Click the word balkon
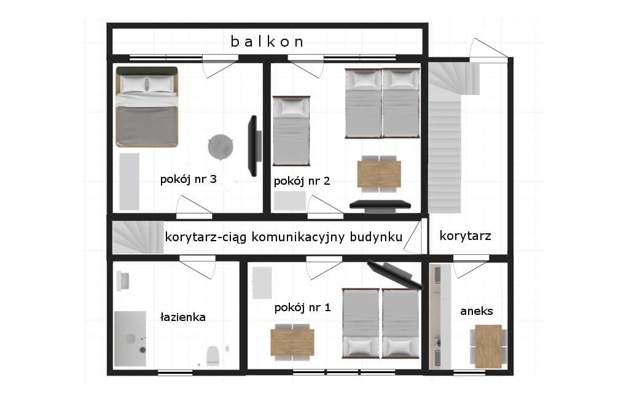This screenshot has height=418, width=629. (267, 42)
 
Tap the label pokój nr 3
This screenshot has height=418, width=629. (188, 179)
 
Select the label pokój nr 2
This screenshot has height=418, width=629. (302, 181)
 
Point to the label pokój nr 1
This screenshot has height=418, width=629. (302, 308)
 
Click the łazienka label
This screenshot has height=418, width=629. (182, 317)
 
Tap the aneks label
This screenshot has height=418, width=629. (477, 311)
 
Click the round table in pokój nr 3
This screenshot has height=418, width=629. (221, 147)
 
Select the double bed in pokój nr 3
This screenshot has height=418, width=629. (147, 107)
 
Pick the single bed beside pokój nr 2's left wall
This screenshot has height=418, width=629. (291, 131)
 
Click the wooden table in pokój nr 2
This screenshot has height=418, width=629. (379, 174)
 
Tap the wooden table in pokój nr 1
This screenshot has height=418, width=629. (292, 343)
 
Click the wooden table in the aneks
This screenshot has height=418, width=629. (488, 346)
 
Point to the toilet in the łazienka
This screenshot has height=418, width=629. (213, 355)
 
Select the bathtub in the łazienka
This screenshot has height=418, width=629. (130, 339)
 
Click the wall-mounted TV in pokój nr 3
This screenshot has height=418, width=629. (254, 146)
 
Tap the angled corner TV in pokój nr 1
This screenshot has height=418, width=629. (395, 275)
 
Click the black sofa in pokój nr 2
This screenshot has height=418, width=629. (380, 206)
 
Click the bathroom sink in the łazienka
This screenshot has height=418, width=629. (123, 281)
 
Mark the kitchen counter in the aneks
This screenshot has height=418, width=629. (440, 316)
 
